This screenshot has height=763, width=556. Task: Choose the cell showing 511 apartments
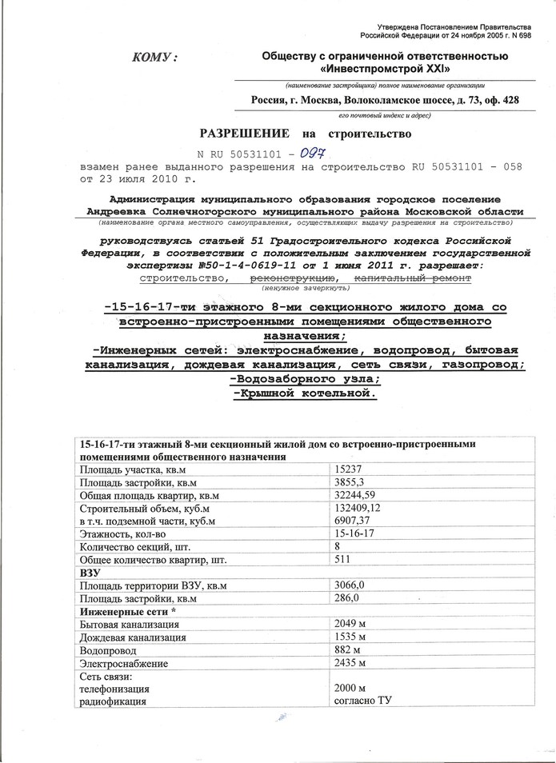click(x=342, y=560)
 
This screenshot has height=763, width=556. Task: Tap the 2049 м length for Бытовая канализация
click(x=349, y=625)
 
